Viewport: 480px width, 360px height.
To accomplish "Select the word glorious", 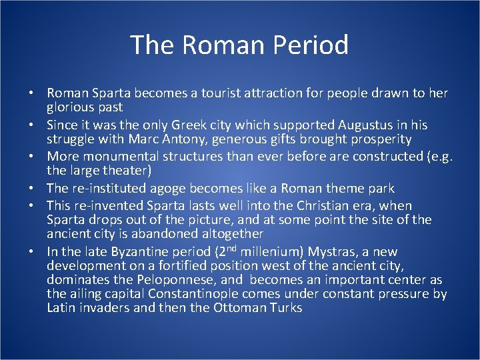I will tap(69, 107).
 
